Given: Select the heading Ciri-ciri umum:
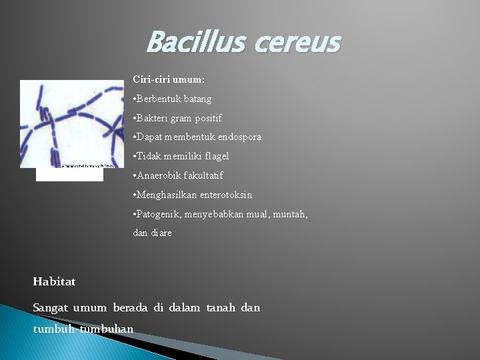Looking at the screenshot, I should (169, 79).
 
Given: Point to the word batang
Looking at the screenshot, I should (197, 99).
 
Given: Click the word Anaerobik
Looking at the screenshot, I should (161, 175).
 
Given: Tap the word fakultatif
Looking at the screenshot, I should (205, 175).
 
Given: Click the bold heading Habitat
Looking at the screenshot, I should (54, 281).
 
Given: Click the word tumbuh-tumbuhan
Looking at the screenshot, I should (83, 329).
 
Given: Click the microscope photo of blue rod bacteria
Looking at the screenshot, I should (72, 124).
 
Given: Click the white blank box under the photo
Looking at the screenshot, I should (69, 175).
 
